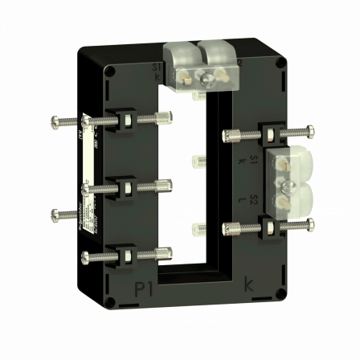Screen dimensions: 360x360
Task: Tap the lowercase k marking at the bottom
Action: tap(247, 285)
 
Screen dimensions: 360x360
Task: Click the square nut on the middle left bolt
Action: tap(127, 189)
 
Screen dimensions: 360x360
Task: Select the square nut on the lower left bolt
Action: tap(127, 256)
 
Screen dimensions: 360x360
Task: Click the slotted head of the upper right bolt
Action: tap(310, 129)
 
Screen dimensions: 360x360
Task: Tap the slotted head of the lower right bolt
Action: tap(310, 226)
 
